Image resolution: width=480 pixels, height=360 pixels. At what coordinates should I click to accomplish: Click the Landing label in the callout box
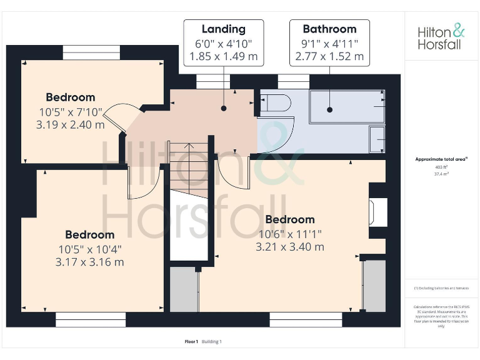[x=223, y=29]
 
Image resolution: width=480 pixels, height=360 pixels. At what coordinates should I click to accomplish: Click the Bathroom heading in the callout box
[x=329, y=29]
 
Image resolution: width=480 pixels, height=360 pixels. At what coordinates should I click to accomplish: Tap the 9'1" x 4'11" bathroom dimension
[x=329, y=43]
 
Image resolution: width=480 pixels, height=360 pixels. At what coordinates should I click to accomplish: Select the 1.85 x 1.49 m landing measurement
[x=223, y=56]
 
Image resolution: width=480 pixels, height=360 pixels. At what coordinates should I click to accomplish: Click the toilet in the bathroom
[x=276, y=103]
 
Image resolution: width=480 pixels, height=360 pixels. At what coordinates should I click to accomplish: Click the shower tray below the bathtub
[x=377, y=139]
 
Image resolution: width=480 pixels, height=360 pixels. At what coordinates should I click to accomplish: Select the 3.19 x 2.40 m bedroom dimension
[x=70, y=124]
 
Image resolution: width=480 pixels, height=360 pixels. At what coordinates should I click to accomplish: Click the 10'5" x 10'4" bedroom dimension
[x=89, y=249]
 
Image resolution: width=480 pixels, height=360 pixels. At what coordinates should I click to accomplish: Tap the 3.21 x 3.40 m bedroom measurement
[x=289, y=247]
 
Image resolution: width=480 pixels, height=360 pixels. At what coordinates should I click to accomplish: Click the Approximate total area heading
[x=441, y=159]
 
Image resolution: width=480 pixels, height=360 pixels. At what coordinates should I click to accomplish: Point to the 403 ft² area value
[x=441, y=167]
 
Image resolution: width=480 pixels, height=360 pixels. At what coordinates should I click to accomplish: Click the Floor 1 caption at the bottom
[x=191, y=341]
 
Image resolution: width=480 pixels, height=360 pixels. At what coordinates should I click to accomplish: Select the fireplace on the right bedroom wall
[x=379, y=212]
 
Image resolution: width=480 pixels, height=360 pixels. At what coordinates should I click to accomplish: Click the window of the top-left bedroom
[x=91, y=52]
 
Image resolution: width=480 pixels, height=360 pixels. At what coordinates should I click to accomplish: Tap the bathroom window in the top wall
[x=293, y=81]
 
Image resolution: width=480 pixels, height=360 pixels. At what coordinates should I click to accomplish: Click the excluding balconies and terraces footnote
[x=441, y=287]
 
